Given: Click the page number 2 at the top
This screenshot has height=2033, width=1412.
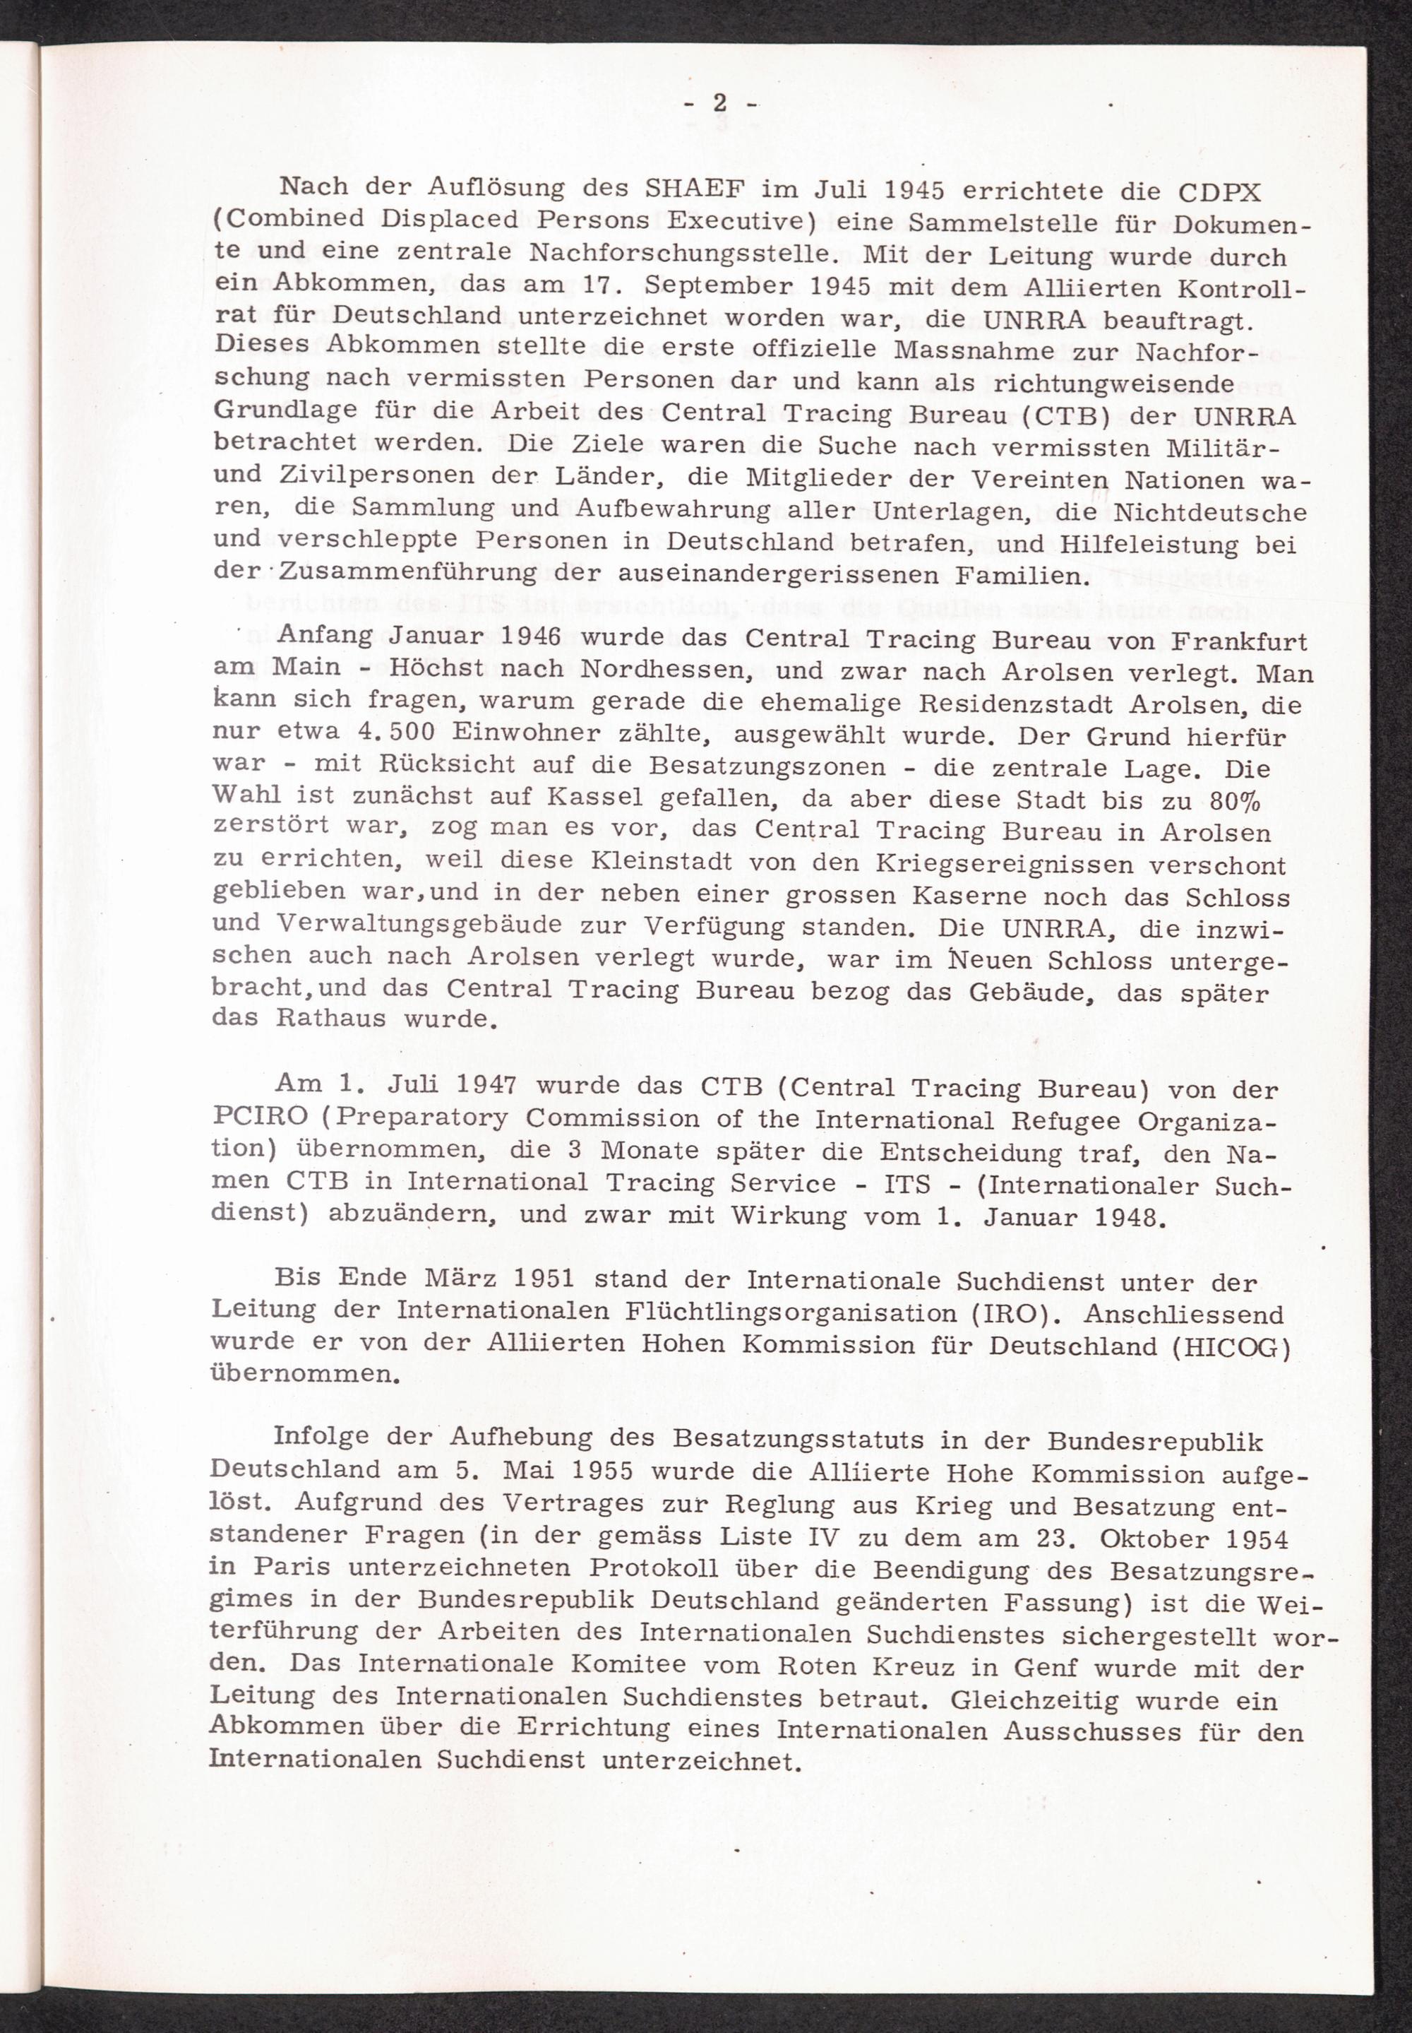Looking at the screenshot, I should (x=720, y=104).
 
